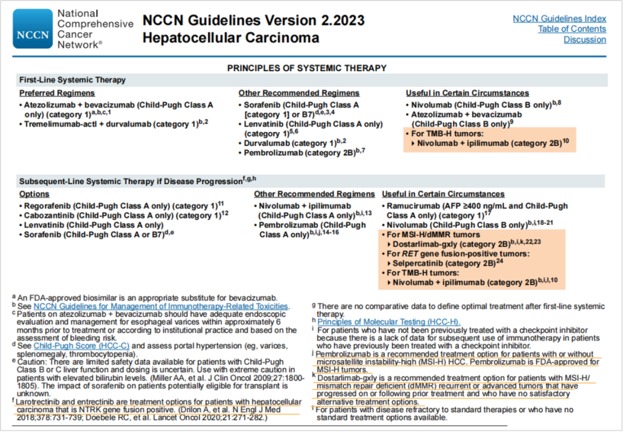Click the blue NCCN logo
[x=33, y=28]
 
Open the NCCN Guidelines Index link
[x=559, y=18]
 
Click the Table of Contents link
[x=572, y=29]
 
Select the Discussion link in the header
[x=584, y=40]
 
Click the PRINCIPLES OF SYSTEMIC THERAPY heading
[x=306, y=68]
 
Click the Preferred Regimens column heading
[x=57, y=93]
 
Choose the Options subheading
[x=34, y=194]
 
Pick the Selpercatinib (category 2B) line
[x=444, y=263]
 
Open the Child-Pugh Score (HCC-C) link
[x=81, y=345]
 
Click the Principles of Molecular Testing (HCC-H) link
[x=389, y=321]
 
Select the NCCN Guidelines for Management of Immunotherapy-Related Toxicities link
[x=160, y=306]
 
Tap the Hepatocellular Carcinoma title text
[x=231, y=38]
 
